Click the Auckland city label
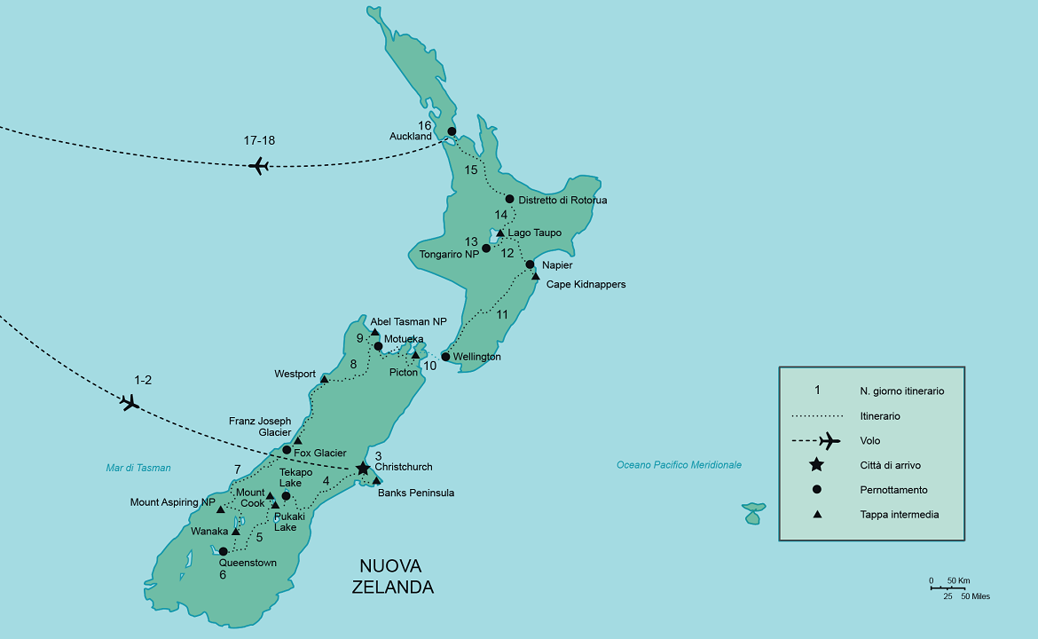pos(410,136)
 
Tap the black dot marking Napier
pos(530,264)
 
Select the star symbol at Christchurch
pos(363,469)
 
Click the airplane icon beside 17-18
pos(258,165)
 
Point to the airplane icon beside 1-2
pos(130,403)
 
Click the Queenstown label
pos(248,563)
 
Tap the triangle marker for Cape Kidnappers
pos(536,277)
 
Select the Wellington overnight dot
pos(445,357)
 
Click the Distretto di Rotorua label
pos(562,201)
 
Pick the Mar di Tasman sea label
pos(138,468)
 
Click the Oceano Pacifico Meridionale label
pos(679,465)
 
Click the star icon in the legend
pos(817,465)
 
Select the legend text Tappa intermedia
pos(899,514)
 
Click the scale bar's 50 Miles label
pos(975,596)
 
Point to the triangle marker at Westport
pos(324,379)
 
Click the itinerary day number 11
pos(502,314)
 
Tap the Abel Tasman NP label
pos(409,322)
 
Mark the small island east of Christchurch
pos(753,512)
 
